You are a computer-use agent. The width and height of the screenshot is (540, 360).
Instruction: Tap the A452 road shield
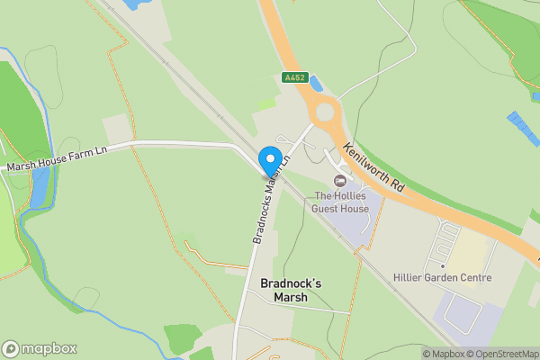[x=293, y=78]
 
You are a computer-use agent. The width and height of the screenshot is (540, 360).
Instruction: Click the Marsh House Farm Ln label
[x=56, y=159]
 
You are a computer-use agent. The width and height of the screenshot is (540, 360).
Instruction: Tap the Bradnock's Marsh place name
[x=290, y=290]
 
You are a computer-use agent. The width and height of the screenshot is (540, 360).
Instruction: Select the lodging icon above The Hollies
[x=339, y=181]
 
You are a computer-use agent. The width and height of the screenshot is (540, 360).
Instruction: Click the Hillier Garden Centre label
[x=443, y=277]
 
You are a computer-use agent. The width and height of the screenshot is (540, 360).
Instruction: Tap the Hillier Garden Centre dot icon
[x=443, y=265]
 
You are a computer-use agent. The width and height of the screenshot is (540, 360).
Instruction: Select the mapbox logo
[x=40, y=348]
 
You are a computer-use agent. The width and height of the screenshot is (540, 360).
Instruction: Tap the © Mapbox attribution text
[x=443, y=354]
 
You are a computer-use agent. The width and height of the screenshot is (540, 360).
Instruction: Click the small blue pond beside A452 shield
[x=315, y=84]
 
